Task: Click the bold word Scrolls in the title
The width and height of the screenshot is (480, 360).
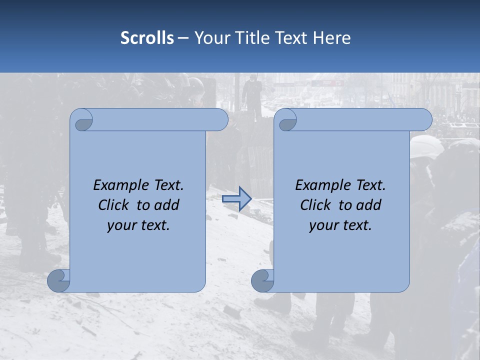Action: (147, 38)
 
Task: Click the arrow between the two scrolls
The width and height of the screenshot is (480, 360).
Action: (236, 199)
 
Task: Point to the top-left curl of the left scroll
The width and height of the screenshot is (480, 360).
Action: (81, 120)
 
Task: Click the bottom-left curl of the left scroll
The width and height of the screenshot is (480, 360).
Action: (58, 280)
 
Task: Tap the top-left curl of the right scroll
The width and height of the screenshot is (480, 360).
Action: (285, 120)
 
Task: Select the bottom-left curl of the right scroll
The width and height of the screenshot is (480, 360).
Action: (262, 280)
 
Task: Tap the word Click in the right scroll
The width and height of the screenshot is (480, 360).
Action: (315, 205)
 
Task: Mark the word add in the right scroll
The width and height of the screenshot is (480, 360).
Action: (369, 205)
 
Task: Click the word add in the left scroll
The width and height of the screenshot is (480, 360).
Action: (167, 205)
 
